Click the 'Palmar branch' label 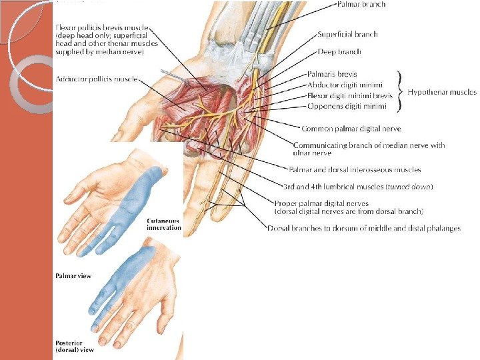[361, 5]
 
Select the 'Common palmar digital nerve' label [351, 129]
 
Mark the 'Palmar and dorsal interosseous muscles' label [355, 170]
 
